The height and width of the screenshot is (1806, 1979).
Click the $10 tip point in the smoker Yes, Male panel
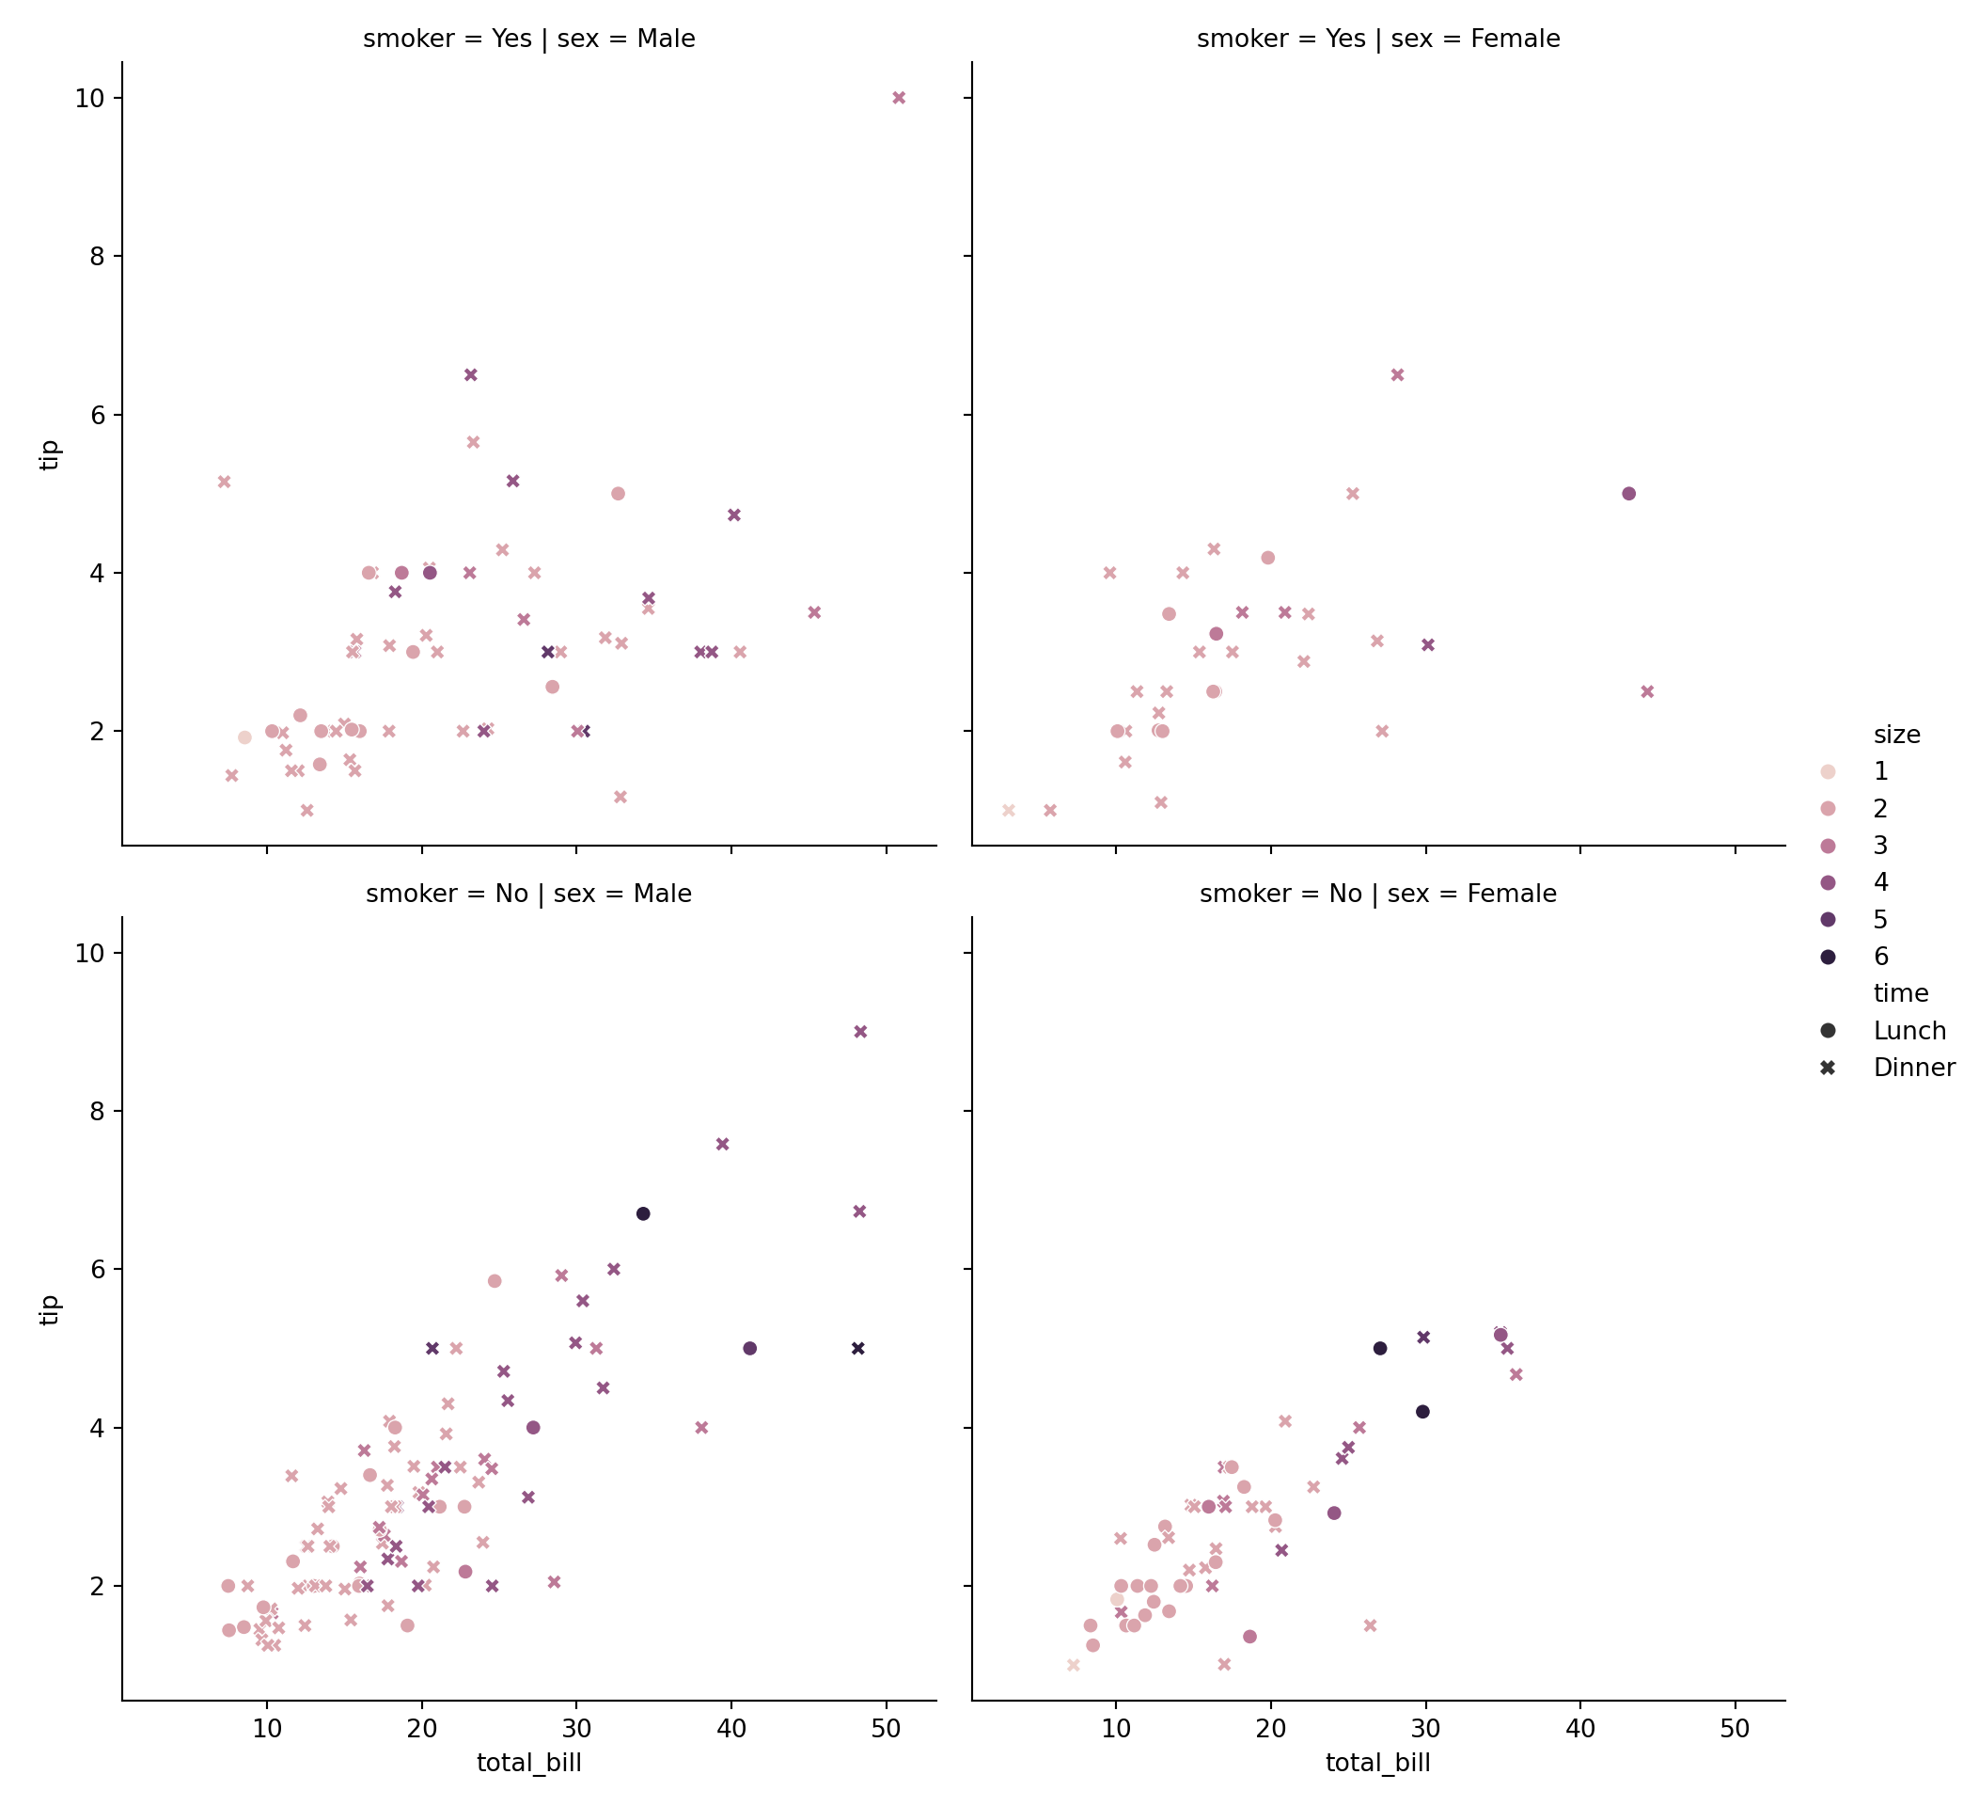pos(898,97)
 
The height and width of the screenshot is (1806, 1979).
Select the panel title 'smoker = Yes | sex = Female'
pos(1377,40)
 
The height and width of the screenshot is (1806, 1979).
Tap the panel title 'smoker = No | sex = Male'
pos(528,894)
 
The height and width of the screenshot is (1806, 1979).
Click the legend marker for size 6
pos(1828,957)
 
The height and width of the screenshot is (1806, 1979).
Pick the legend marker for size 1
pos(1828,772)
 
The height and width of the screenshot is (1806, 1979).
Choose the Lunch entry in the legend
pos(1908,1031)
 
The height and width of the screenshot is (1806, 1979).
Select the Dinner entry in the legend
pos(1913,1068)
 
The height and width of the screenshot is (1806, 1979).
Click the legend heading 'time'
pos(1900,993)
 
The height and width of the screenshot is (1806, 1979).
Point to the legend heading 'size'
pos(1896,735)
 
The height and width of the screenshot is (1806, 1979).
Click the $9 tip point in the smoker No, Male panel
pos(860,1031)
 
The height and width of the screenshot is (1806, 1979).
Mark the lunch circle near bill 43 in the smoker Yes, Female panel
pos(1628,494)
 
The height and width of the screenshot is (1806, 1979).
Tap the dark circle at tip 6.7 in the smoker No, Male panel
pos(643,1213)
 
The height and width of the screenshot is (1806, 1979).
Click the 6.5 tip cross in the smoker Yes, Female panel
pos(1397,375)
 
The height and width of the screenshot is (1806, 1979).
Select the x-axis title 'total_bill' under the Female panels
pos(1377,1763)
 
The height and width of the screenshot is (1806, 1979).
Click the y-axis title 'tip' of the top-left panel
pos(50,454)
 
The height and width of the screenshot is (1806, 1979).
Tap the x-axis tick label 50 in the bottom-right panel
pos(1735,1730)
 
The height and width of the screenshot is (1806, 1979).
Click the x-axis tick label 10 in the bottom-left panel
pos(267,1730)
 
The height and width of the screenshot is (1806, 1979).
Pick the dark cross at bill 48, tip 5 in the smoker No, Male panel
pos(858,1348)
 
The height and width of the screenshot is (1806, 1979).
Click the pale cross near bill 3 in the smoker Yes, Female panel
pos(1008,810)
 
